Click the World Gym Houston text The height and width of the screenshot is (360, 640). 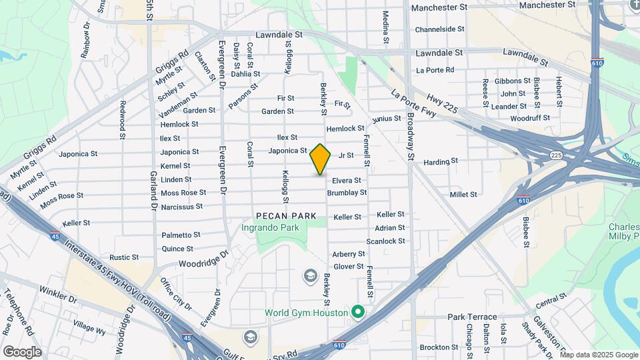tap(306, 312)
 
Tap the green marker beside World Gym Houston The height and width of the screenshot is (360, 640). tap(358, 311)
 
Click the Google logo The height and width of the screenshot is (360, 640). tap(22, 351)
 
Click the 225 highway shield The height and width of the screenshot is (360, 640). tap(556, 155)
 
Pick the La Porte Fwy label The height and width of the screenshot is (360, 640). tap(413, 104)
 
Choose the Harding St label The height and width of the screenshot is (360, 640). tap(441, 161)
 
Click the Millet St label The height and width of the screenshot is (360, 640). tap(463, 195)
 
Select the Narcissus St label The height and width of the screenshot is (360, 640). tap(181, 207)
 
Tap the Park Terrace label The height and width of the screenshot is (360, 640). tap(472, 317)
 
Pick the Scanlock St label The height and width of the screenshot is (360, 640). tap(385, 241)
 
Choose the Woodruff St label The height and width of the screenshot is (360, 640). tap(530, 118)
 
